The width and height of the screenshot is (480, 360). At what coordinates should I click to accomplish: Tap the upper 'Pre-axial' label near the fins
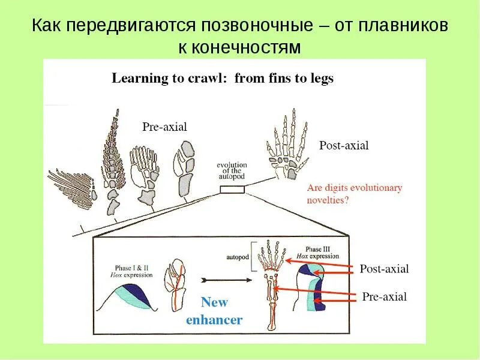164,127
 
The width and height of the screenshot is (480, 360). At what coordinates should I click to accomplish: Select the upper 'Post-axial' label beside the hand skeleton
344,145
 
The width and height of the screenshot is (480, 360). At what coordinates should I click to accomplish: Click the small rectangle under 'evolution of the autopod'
232,190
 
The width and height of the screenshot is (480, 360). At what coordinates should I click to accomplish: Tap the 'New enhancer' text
214,311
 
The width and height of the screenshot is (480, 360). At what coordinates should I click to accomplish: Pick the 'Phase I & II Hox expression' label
133,271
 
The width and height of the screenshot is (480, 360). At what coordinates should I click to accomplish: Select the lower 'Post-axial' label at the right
384,269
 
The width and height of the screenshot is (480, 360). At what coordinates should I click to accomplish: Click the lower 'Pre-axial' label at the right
385,296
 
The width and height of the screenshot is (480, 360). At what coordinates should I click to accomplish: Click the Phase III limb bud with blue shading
314,287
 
